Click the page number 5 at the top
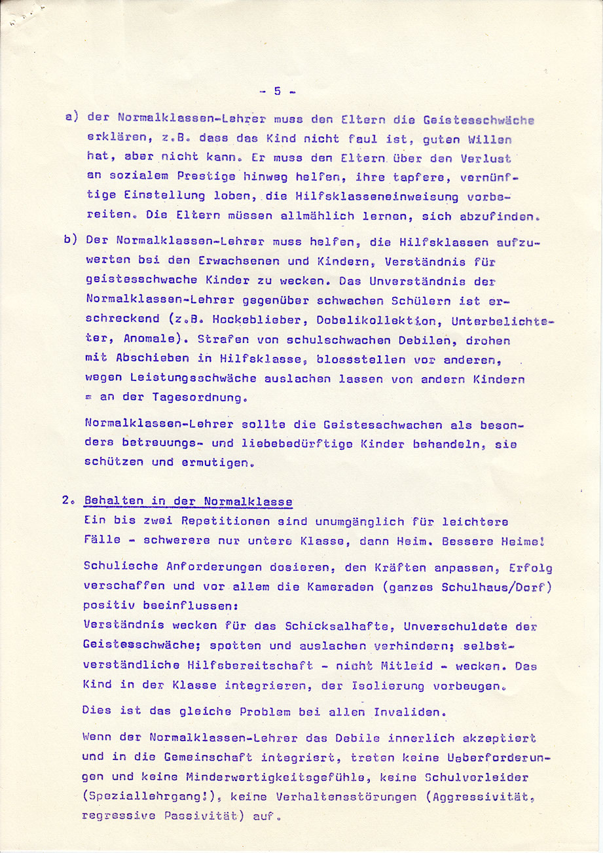[277, 91]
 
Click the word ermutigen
[218, 462]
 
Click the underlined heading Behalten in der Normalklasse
[188, 502]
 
